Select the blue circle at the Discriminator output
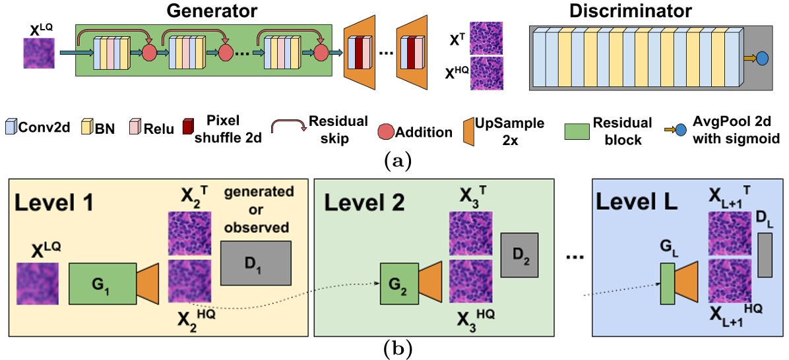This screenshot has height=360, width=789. click(762, 59)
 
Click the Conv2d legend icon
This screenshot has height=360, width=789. click(10, 127)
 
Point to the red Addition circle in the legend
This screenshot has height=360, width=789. click(387, 132)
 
